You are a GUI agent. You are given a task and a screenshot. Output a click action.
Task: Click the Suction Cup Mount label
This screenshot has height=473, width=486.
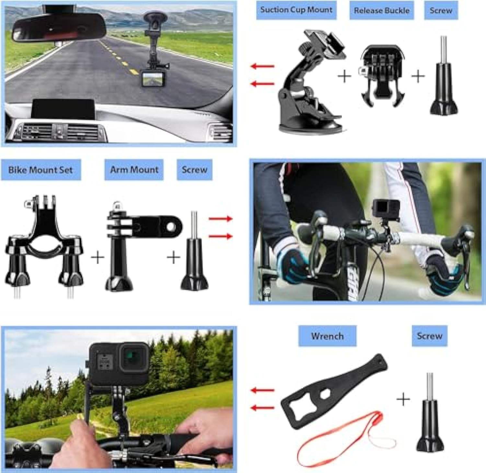[x=296, y=10]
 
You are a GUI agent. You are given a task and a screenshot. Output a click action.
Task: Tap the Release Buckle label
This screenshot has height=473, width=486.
[x=381, y=10]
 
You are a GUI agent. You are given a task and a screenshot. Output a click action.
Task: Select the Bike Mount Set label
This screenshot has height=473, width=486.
[x=40, y=170]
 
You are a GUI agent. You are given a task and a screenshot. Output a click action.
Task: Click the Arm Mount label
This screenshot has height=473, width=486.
[x=134, y=170]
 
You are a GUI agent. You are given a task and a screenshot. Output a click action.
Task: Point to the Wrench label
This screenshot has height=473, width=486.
[x=327, y=336]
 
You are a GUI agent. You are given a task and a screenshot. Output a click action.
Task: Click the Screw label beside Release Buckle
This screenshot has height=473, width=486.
[x=441, y=10]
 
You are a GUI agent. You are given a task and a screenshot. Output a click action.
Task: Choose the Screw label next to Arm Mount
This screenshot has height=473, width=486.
[x=194, y=170]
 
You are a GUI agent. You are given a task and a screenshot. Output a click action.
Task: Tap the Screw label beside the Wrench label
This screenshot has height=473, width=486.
[x=429, y=336]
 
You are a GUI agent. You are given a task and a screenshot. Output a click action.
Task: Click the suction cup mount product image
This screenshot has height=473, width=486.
[x=308, y=84]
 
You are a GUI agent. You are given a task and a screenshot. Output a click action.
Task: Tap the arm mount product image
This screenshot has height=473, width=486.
[x=136, y=243]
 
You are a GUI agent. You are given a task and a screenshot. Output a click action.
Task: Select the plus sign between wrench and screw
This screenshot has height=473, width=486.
[x=403, y=399]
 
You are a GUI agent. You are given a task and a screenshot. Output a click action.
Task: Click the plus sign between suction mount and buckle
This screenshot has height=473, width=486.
[x=344, y=76]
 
